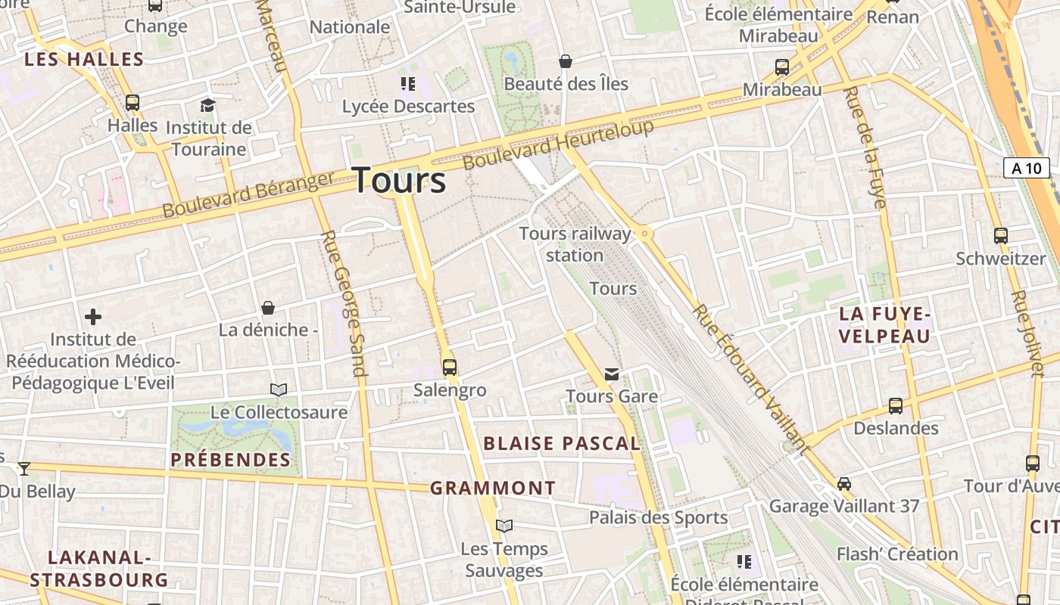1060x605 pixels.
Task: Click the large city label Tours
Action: (400, 180)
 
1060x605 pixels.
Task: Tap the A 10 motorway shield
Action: (1026, 168)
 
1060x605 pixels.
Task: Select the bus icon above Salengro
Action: (450, 368)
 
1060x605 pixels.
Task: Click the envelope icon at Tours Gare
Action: (612, 374)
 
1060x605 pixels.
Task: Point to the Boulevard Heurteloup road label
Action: (558, 146)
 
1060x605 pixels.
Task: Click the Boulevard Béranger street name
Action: (248, 194)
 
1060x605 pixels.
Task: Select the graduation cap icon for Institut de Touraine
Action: (207, 105)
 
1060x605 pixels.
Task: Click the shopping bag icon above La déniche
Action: (267, 308)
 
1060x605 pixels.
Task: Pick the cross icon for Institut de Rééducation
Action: (93, 317)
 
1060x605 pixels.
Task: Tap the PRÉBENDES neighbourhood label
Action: (230, 460)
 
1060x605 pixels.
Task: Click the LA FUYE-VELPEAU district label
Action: (884, 325)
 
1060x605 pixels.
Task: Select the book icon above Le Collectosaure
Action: (279, 389)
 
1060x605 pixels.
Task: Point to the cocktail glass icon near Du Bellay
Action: (24, 469)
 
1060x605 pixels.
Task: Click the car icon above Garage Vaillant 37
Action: (844, 483)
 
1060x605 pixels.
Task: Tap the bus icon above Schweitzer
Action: (1000, 236)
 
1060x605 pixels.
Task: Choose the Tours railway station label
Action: (575, 244)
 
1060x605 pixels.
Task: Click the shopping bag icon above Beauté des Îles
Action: (565, 61)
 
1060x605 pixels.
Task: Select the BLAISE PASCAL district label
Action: (562, 444)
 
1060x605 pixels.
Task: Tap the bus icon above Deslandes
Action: (896, 406)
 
